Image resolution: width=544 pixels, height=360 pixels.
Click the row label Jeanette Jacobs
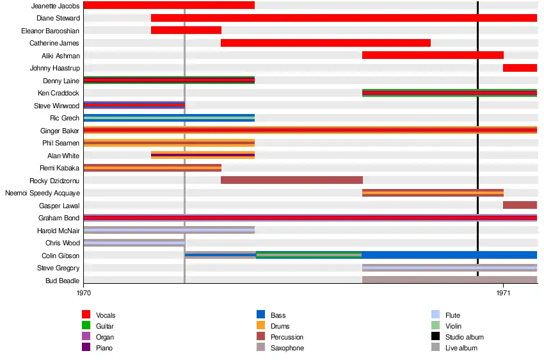tap(55, 6)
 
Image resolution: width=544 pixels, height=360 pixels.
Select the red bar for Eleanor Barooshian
tap(186, 30)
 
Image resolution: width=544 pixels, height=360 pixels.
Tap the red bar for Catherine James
tap(325, 43)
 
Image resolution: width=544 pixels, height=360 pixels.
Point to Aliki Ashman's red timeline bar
tap(433, 55)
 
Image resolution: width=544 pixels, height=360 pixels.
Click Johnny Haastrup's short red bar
tap(520, 68)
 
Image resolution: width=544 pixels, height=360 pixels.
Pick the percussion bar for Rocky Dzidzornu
tap(292, 180)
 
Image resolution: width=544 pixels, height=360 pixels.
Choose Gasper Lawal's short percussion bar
tap(520, 205)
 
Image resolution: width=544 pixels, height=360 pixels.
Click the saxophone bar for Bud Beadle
tap(449, 280)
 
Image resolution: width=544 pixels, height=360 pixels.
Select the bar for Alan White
tap(203, 155)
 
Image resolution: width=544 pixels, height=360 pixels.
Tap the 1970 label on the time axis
tap(84, 293)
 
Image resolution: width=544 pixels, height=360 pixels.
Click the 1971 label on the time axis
tap(503, 293)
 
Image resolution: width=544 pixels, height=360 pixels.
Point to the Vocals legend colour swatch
tap(86, 315)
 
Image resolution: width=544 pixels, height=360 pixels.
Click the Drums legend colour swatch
tap(261, 326)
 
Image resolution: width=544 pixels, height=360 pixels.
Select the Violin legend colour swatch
tap(436, 326)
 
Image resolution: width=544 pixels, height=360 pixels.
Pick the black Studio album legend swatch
tap(436, 337)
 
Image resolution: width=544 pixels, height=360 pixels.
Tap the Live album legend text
tap(461, 348)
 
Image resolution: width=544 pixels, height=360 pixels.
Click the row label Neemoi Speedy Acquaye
tap(42, 193)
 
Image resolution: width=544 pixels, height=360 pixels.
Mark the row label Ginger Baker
tap(60, 131)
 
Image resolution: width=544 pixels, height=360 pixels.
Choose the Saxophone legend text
tap(287, 348)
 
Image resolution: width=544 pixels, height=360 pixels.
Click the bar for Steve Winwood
tap(134, 105)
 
